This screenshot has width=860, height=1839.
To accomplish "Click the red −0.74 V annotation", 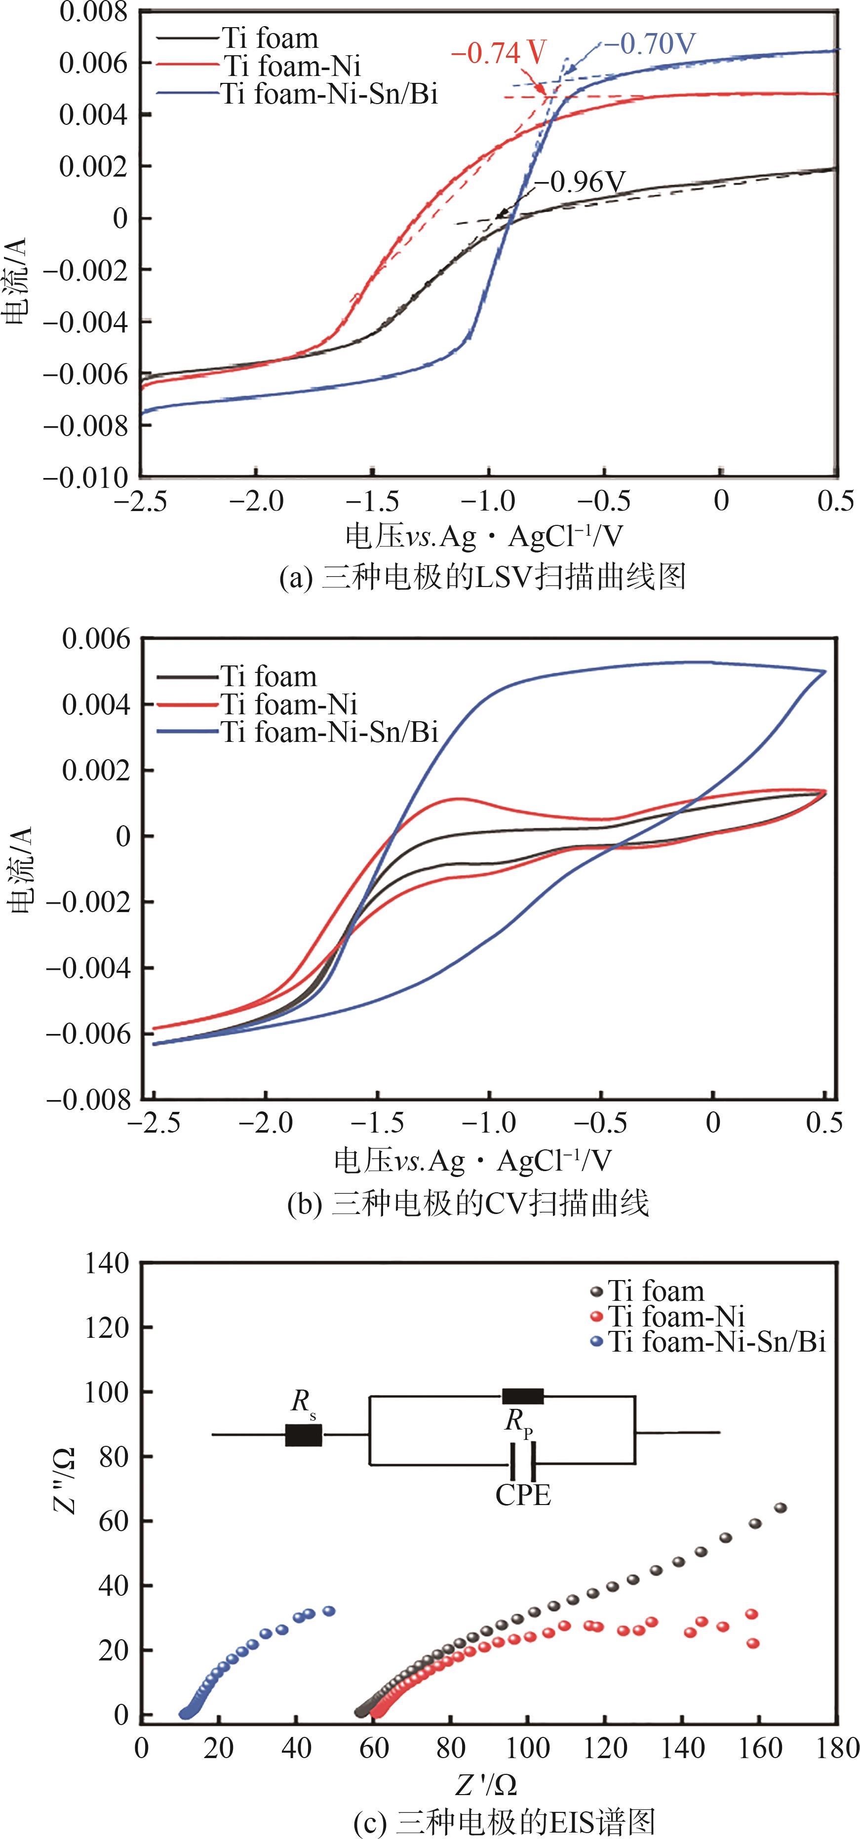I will [x=499, y=53].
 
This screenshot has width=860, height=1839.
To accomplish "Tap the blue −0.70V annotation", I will [x=649, y=44].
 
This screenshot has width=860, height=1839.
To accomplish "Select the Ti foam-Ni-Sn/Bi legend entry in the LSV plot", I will [x=329, y=94].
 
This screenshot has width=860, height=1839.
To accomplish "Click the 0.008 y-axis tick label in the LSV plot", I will [x=93, y=12].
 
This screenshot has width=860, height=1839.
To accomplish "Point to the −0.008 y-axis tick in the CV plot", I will [x=89, y=1100].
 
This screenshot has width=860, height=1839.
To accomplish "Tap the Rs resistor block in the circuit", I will [x=304, y=1435].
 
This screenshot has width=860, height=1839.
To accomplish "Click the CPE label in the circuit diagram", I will [x=523, y=1494].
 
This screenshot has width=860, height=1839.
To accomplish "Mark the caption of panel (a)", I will [x=482, y=577].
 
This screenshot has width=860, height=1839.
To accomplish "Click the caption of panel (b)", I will [x=468, y=1204].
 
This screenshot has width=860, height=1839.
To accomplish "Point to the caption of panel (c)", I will [x=504, y=1821].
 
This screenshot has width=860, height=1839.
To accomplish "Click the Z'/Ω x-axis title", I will [x=486, y=1785].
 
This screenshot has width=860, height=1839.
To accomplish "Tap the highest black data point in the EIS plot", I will [x=781, y=1508].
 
